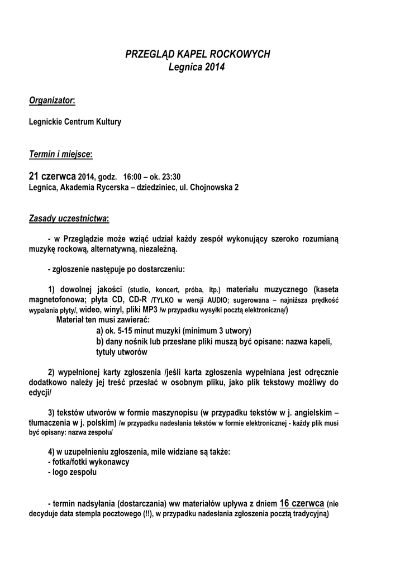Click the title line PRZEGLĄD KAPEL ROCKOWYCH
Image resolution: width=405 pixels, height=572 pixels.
click(x=197, y=54)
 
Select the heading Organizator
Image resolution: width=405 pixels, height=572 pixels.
click(x=51, y=100)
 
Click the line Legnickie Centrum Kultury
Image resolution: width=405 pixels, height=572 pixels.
click(x=74, y=122)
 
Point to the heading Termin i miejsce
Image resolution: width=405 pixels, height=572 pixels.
click(x=60, y=154)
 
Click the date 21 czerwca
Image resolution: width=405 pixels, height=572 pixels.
click(x=52, y=176)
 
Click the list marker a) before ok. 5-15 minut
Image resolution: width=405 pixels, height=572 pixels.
click(x=99, y=331)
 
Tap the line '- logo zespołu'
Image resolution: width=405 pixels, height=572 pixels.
click(x=72, y=473)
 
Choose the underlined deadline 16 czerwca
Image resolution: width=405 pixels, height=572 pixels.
click(x=302, y=502)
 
